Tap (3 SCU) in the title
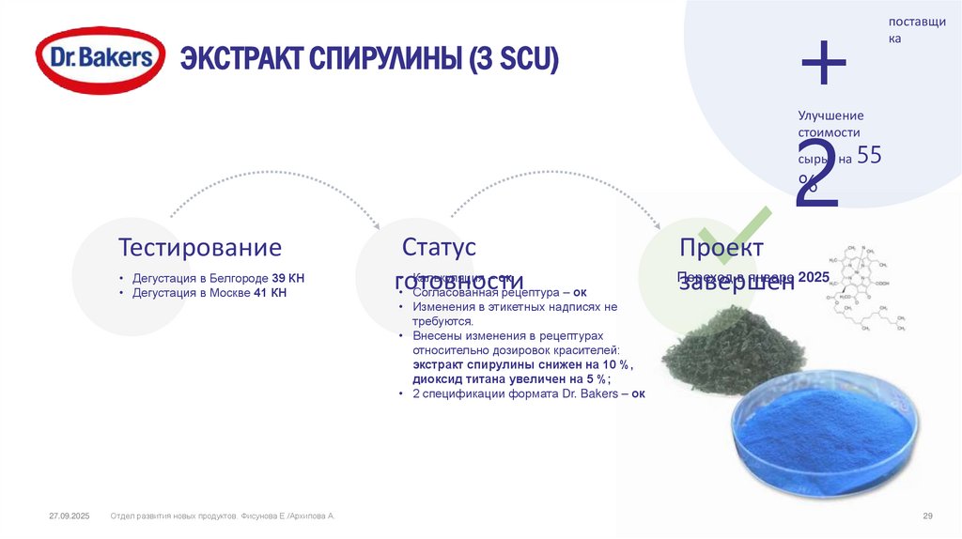tap(515, 60)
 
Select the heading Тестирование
tap(199, 248)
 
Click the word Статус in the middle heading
tap(439, 248)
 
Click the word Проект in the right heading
tap(721, 248)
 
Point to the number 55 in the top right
tap(870, 157)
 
